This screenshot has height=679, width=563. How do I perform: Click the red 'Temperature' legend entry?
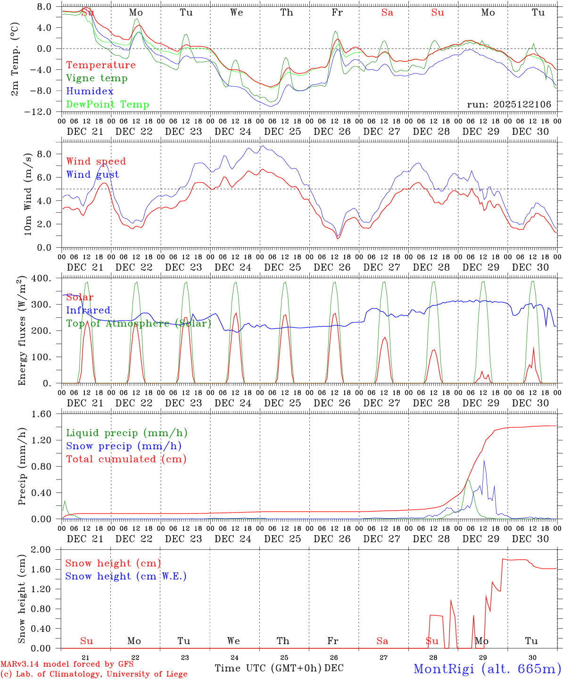tap(101, 65)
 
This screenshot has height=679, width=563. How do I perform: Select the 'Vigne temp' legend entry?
tap(97, 78)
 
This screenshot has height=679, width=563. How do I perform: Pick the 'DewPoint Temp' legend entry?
tap(108, 105)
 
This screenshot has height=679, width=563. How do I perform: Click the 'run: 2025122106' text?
tap(509, 105)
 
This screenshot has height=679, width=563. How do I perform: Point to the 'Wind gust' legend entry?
tap(92, 174)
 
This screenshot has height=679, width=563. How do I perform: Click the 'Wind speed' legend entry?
tap(96, 161)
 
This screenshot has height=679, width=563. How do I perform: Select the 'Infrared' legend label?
tap(88, 310)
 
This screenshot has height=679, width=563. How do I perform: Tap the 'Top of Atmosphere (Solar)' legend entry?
tap(139, 323)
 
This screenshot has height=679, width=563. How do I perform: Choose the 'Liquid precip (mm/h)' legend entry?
tap(127, 433)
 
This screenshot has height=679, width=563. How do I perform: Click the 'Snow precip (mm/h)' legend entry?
tap(124, 446)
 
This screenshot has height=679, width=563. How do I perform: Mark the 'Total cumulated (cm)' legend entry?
tap(126, 459)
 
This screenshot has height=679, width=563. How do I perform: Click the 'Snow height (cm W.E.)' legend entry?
tap(126, 576)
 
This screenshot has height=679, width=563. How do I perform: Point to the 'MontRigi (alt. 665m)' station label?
tap(487, 668)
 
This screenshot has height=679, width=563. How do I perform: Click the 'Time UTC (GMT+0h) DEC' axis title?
tap(279, 668)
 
